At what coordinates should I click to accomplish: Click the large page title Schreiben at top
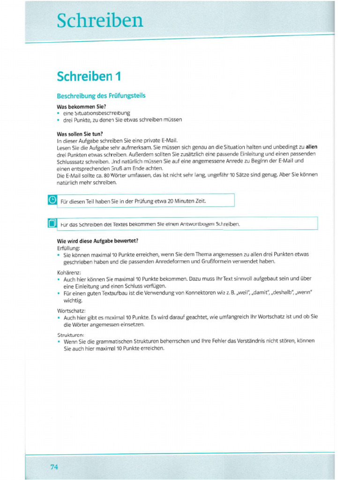[99, 21]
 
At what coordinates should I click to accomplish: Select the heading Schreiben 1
[89, 76]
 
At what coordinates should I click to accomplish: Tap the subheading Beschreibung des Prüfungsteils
[101, 96]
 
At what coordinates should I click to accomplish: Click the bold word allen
[311, 147]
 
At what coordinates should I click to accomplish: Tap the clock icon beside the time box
[52, 200]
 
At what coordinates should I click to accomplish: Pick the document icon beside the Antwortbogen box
[52, 223]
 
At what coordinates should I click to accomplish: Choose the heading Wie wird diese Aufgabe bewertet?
[97, 241]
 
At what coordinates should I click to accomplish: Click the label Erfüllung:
[68, 247]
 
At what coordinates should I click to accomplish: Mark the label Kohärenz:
[69, 272]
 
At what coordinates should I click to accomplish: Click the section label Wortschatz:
[71, 310]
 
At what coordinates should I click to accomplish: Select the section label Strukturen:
[71, 335]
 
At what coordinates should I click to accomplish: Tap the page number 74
[54, 466]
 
